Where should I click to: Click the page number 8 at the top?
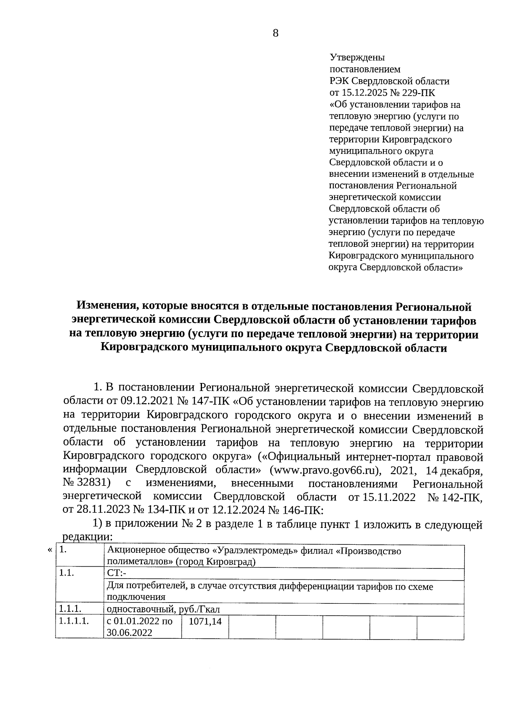click(276, 33)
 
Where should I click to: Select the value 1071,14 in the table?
click(205, 621)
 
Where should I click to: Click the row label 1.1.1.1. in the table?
click(74, 621)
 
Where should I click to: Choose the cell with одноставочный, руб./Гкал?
click(163, 609)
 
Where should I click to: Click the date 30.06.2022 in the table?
click(130, 633)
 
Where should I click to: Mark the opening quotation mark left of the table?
click(50, 550)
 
